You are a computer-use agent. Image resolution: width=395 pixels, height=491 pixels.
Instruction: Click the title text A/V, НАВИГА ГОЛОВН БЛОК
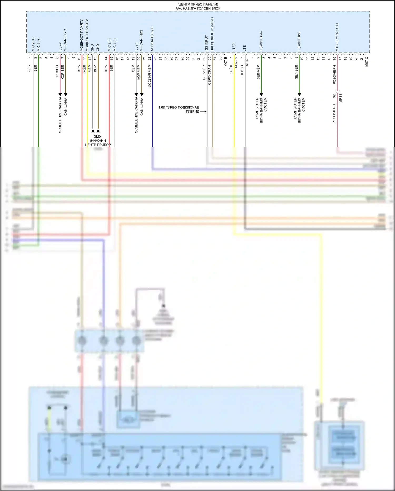point(198,8)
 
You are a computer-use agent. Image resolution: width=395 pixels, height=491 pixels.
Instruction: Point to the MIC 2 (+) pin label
point(33,45)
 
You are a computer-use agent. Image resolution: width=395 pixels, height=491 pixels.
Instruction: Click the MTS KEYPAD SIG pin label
point(337,37)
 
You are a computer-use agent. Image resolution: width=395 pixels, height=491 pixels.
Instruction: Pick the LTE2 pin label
point(234,47)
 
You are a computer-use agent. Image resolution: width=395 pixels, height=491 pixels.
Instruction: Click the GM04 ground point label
point(98,137)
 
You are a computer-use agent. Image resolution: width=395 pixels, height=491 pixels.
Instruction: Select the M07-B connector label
point(226,61)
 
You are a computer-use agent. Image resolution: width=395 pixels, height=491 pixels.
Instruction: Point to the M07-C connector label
point(367,61)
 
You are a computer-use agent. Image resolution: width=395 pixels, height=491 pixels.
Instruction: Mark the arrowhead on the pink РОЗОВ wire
point(60,94)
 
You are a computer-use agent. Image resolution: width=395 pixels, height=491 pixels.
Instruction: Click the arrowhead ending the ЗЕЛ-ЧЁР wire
point(261,94)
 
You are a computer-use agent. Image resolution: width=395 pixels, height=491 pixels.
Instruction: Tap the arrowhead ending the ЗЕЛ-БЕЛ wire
point(299,94)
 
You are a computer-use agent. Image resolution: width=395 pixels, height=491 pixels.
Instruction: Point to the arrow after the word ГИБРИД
point(203,112)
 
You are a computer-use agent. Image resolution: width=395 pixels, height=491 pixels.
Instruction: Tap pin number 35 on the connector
point(220,59)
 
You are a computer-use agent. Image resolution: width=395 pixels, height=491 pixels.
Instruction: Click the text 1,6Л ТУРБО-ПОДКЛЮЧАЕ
point(179,108)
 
